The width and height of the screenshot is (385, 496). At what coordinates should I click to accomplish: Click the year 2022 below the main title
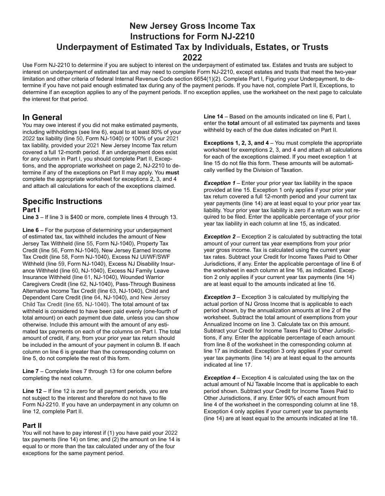tap(192, 57)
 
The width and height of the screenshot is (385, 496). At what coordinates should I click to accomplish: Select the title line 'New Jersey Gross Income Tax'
tap(192, 26)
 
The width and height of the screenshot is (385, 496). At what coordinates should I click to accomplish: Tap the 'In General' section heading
tap(42, 118)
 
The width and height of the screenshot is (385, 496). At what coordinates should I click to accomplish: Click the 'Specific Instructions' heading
tap(62, 201)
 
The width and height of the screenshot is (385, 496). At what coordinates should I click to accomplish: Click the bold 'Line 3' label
tap(30, 217)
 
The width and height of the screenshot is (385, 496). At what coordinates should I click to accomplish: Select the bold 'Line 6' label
tap(30, 230)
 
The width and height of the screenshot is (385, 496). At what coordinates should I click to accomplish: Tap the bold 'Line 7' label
tap(30, 371)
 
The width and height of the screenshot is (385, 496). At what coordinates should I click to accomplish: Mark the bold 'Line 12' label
tap(32, 391)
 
